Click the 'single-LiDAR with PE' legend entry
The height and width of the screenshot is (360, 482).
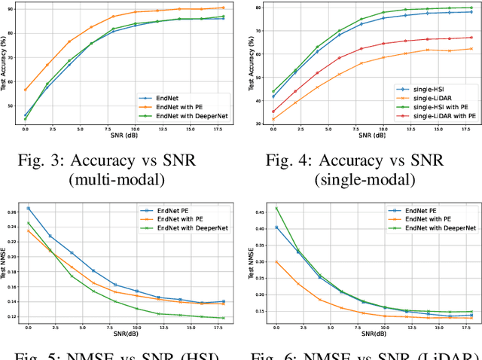433,117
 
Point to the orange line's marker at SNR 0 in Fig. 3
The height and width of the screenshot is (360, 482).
25,90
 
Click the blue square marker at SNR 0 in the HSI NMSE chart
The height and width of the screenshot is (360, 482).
28,209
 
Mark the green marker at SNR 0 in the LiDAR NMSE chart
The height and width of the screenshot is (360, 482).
276,209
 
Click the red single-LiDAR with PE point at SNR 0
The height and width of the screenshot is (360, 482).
273,111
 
